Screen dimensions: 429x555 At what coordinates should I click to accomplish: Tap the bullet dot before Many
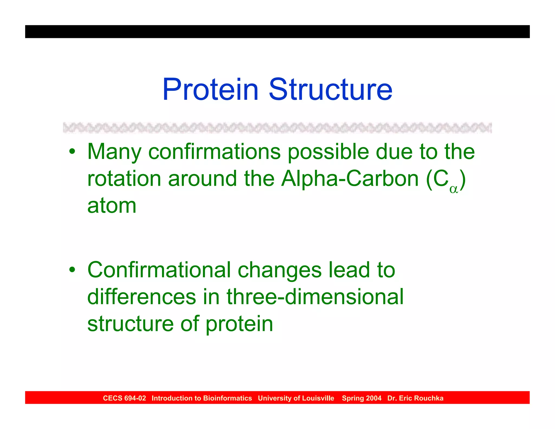pos(72,151)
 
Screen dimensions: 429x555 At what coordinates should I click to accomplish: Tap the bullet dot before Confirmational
pos(72,270)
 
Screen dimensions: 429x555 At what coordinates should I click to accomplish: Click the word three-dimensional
pos(315,297)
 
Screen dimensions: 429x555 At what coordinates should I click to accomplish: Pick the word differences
pos(141,297)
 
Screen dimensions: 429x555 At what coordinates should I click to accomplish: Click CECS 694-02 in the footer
pos(124,398)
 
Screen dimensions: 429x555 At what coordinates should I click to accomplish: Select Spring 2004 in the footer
pos(362,398)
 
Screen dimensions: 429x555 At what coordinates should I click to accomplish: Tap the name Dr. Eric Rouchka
pos(415,398)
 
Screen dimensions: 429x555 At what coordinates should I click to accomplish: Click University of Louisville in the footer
pos(296,398)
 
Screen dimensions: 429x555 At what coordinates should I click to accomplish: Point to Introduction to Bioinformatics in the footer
pos(202,398)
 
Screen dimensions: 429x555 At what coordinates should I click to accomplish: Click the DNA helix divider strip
pos(277,128)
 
